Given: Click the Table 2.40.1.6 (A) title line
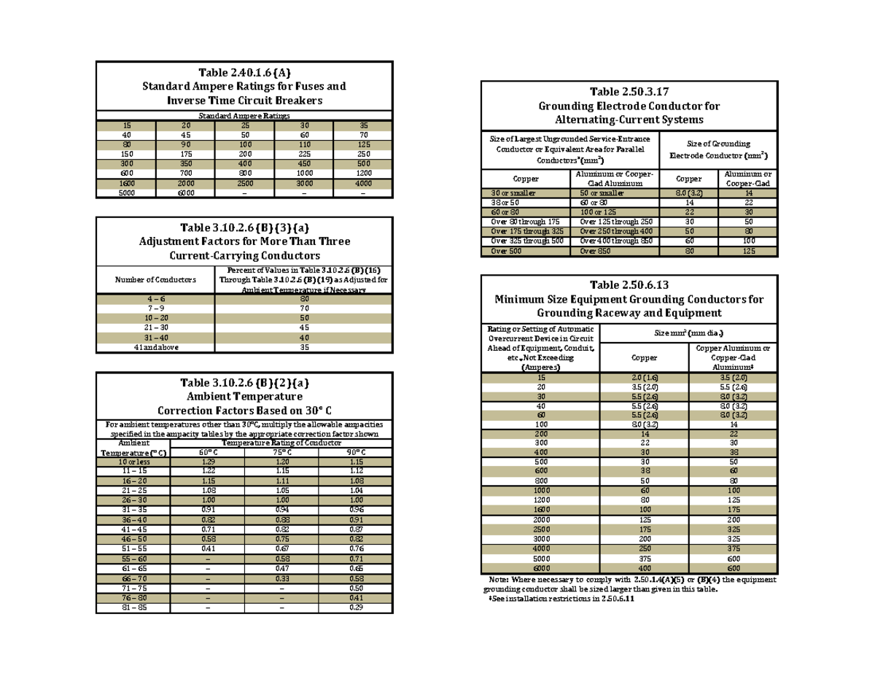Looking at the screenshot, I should [244, 72].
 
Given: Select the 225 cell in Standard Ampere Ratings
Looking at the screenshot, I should [303, 155].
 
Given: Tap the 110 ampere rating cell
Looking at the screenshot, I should [303, 144].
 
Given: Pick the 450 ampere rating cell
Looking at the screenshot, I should [303, 164].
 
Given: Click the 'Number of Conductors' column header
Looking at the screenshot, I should [155, 280].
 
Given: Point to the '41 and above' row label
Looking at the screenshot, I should [155, 348].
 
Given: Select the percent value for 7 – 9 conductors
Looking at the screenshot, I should [303, 308].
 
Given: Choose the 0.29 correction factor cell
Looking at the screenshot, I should [357, 607].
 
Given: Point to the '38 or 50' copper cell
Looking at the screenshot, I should [525, 201].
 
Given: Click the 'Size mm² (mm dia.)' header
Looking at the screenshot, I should [688, 333].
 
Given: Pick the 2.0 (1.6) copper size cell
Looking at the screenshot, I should [645, 378].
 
